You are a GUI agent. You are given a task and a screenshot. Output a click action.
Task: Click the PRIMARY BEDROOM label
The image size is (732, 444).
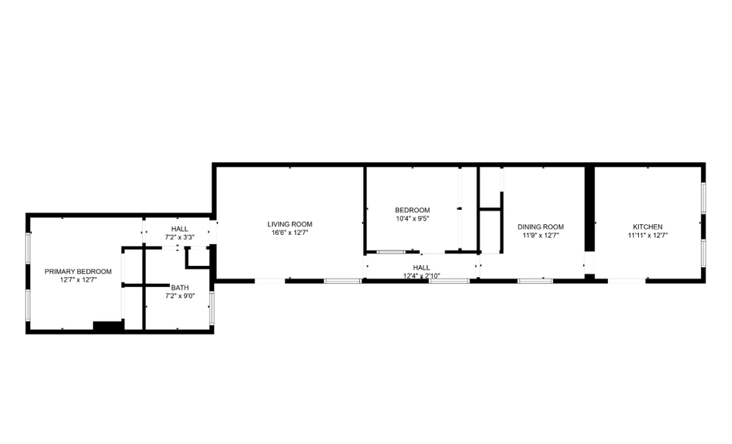(78, 271)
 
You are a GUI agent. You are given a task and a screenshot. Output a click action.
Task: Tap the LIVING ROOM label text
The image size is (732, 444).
(290, 224)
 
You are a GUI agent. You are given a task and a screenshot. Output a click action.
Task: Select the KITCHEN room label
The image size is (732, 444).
(647, 227)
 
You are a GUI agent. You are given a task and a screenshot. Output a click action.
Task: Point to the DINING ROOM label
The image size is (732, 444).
(541, 227)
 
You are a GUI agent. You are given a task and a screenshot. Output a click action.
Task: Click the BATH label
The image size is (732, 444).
(180, 287)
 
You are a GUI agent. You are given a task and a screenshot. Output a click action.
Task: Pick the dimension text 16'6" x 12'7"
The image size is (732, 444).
(290, 233)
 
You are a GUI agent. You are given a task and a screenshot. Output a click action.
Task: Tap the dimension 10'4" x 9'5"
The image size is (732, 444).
(412, 219)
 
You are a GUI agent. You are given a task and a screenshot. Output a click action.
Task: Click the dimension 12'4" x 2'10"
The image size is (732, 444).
(421, 276)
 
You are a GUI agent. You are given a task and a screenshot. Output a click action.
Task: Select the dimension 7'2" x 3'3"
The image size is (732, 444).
(180, 237)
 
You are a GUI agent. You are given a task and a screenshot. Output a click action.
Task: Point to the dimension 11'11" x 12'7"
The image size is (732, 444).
(647, 236)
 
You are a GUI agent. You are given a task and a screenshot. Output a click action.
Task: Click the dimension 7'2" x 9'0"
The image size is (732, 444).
(180, 296)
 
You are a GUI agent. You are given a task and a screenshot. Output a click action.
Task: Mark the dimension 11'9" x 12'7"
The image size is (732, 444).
(541, 236)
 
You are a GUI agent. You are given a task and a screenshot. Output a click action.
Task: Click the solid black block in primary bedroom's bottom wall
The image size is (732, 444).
(108, 326)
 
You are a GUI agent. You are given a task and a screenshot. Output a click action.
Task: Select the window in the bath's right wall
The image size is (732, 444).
(212, 307)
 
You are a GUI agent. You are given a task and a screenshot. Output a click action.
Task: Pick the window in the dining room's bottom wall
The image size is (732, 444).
(535, 281)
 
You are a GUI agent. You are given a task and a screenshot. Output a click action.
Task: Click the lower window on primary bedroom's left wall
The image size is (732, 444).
(28, 306)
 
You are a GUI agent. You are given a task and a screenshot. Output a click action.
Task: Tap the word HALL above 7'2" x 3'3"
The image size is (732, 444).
(180, 229)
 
